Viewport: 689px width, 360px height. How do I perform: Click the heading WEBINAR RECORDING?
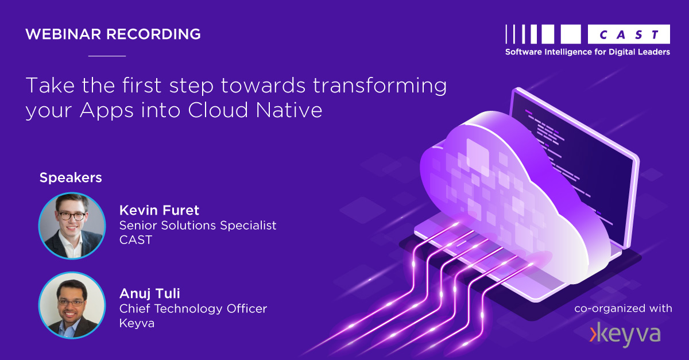tap(113, 34)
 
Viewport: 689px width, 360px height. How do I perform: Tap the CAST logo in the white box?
tap(629, 34)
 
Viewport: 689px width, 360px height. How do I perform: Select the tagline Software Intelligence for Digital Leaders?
tap(587, 52)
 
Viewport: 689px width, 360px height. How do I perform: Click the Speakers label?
tap(71, 178)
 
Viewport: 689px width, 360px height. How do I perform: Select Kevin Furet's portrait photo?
tap(72, 226)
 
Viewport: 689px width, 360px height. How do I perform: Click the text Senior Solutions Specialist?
tap(198, 225)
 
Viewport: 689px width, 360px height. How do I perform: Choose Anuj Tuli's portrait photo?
tap(72, 305)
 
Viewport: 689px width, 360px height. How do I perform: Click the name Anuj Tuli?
tap(149, 294)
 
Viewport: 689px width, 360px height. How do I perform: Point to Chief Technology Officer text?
tap(193, 309)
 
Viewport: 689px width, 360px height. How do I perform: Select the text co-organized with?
tap(623, 309)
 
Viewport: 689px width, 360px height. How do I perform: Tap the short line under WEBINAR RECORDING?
tap(107, 56)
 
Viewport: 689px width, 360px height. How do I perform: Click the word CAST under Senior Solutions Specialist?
tap(136, 240)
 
